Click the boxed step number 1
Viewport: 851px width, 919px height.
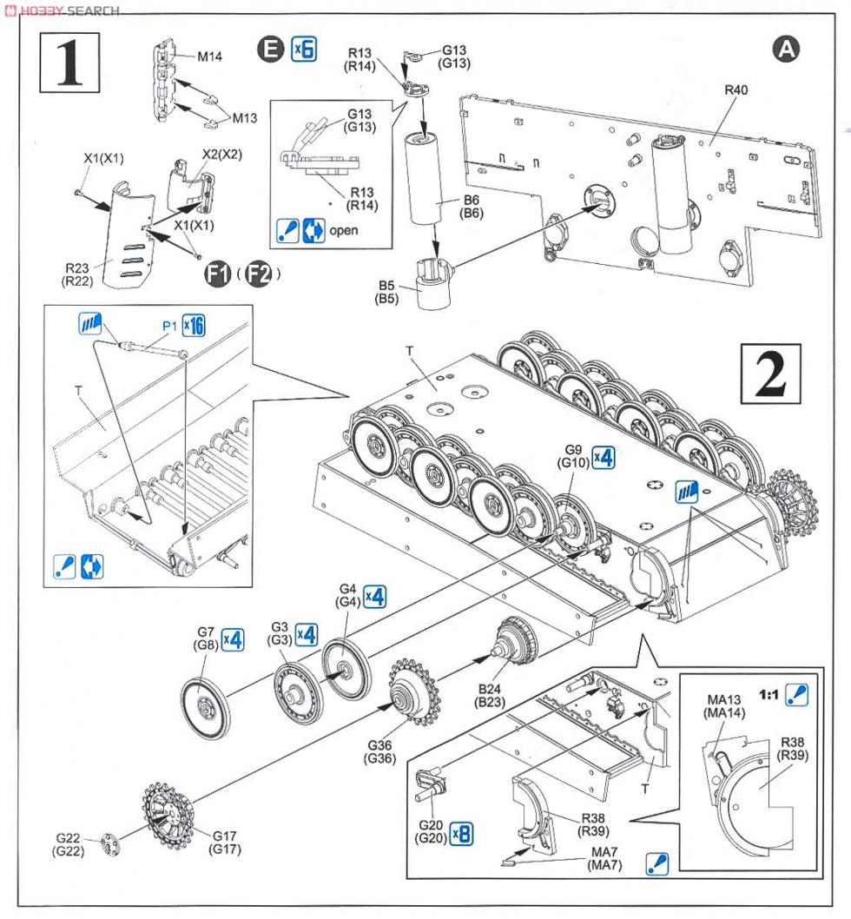[x=70, y=63]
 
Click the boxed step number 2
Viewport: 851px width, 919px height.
[x=769, y=372]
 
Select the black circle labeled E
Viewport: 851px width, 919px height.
[x=272, y=51]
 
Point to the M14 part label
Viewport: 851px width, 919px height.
[x=209, y=56]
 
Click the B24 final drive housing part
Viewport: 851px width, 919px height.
[x=518, y=643]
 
